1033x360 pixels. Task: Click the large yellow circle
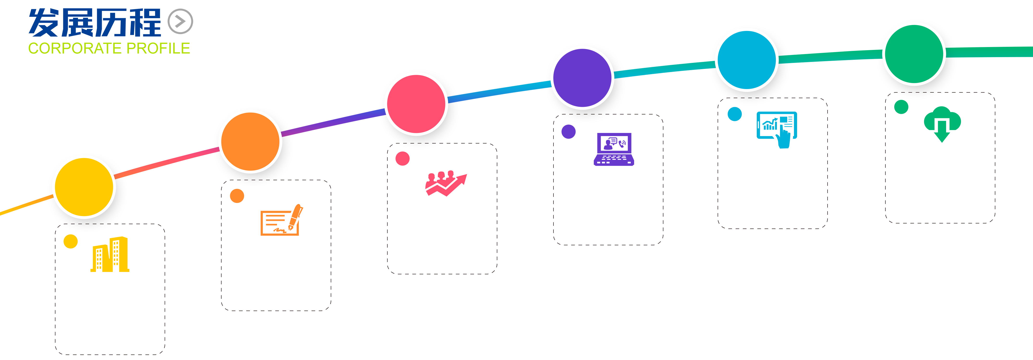click(84, 187)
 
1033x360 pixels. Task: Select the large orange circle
click(250, 142)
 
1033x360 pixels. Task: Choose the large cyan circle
click(747, 60)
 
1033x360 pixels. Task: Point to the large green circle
click(914, 54)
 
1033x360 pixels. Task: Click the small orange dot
click(237, 196)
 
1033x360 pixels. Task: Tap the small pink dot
click(402, 159)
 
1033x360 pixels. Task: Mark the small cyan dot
click(735, 114)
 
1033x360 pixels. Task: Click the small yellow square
click(71, 241)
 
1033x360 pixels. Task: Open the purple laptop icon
click(613, 149)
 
